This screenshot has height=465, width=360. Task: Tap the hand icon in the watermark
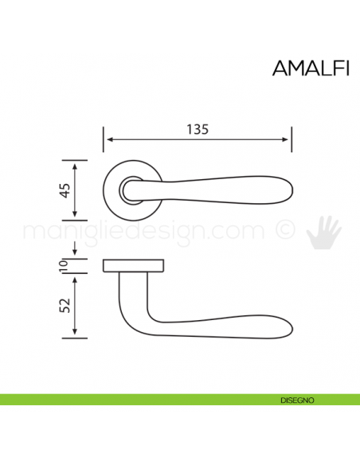click(324, 231)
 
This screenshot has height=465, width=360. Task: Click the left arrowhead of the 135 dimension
click(108, 141)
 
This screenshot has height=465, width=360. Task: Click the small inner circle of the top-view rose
click(130, 190)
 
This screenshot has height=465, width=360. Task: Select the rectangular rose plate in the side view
click(134, 265)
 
